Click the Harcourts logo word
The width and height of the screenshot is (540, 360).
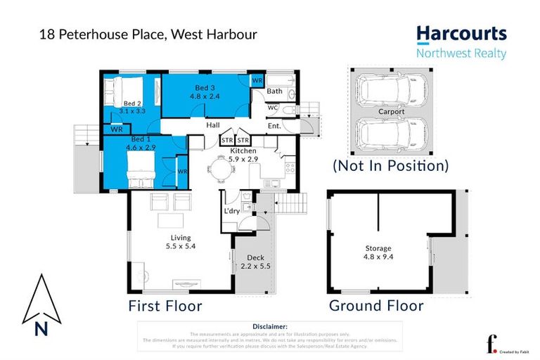click(461, 34)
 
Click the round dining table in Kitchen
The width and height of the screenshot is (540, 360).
click(222, 168)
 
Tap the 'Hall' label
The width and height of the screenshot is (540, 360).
click(213, 125)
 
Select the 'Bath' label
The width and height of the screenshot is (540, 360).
click(274, 91)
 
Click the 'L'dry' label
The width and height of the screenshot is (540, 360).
click(232, 211)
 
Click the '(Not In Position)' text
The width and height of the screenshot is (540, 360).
click(390, 167)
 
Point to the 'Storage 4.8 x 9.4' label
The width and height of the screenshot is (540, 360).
click(378, 252)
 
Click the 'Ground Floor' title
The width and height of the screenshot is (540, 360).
click(376, 306)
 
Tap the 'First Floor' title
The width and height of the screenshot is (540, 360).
click(165, 306)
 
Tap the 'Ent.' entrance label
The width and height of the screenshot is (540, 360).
click(274, 126)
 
